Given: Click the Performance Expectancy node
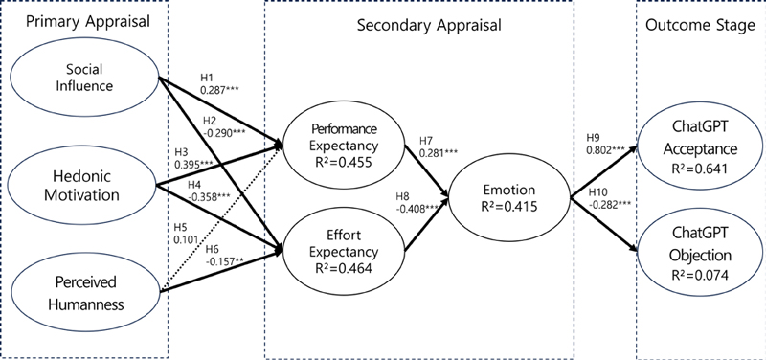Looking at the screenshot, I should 344,144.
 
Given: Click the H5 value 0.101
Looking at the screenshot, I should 187,240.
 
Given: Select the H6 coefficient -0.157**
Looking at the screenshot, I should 230,261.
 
